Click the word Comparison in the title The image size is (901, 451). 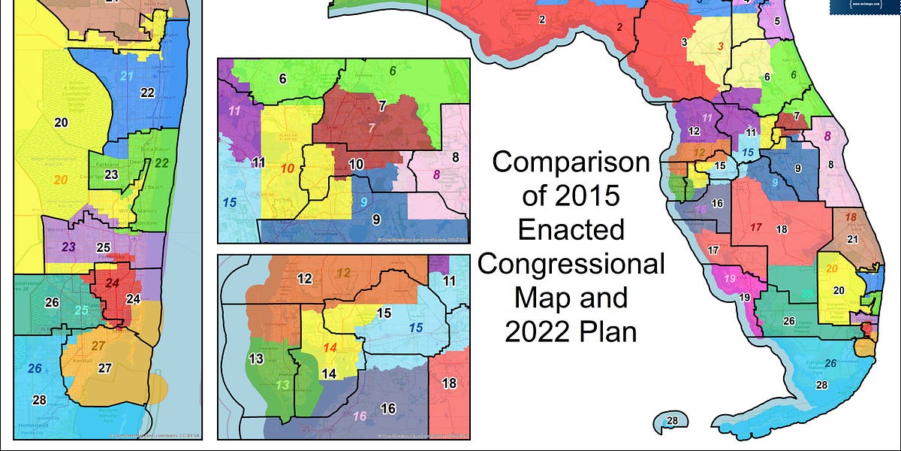(x=571, y=163)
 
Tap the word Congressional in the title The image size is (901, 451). (x=571, y=264)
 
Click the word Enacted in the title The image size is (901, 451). (x=571, y=229)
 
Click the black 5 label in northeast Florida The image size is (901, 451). (x=777, y=20)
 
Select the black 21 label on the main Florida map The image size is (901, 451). (x=852, y=239)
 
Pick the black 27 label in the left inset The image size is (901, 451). (x=105, y=368)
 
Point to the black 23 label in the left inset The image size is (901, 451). (x=111, y=174)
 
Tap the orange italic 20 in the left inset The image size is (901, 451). (x=62, y=180)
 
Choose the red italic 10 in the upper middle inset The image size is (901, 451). (x=287, y=168)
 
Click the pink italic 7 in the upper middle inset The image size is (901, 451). (x=371, y=127)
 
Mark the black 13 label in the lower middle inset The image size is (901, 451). (x=255, y=359)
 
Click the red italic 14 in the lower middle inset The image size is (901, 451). (x=330, y=347)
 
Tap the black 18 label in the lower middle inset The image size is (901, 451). (x=449, y=383)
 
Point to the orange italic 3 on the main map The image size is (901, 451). (x=721, y=47)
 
